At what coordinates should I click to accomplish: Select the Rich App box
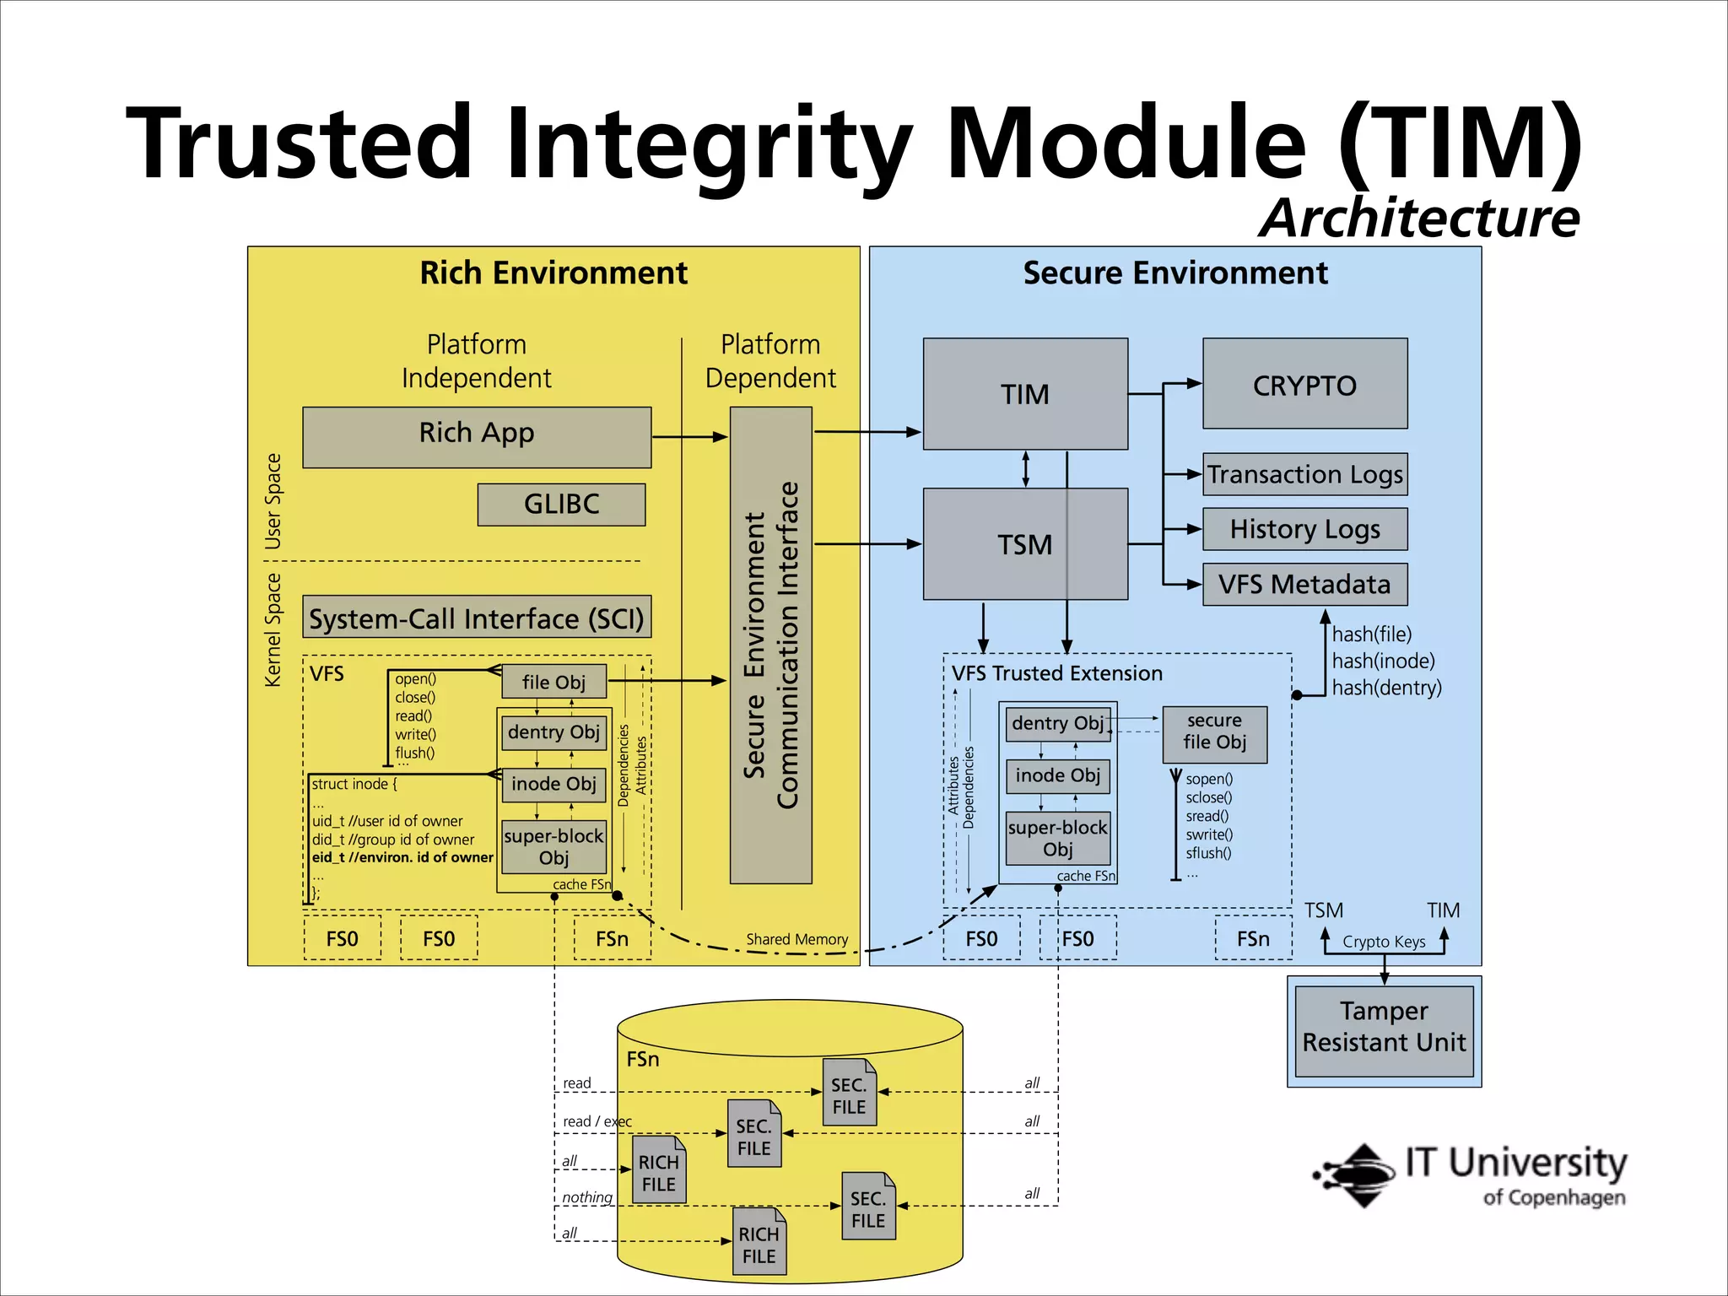[x=477, y=436]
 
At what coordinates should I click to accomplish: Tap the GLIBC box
[x=561, y=504]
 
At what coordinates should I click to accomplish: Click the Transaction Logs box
[x=1304, y=474]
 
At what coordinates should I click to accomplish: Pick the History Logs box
[x=1304, y=529]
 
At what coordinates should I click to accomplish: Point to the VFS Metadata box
[x=1304, y=584]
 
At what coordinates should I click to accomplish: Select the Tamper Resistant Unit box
[x=1384, y=1030]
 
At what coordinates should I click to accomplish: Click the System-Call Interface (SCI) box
[x=477, y=618]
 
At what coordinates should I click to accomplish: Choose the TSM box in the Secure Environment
[x=1024, y=544]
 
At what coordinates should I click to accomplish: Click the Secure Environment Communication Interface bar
[x=770, y=645]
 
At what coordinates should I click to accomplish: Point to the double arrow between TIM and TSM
[x=1025, y=468]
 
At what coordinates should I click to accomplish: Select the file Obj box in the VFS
[x=553, y=682]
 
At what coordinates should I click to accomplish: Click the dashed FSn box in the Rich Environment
[x=612, y=938]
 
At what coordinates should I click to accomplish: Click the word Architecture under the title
[x=1419, y=218]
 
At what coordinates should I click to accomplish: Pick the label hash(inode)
[x=1383, y=661]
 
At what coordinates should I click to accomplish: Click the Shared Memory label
[x=796, y=939]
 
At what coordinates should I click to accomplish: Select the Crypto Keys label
[x=1384, y=942]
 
